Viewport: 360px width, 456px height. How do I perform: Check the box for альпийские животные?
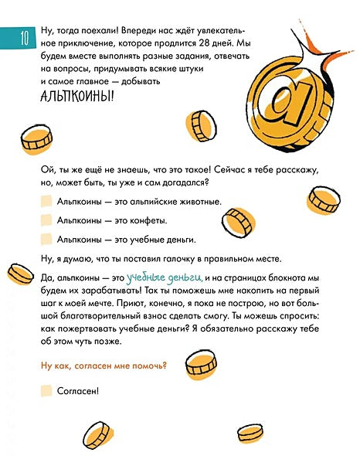(x=46, y=201)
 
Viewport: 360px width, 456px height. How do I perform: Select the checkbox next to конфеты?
(x=46, y=219)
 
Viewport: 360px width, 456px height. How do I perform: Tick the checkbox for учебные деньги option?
(x=46, y=239)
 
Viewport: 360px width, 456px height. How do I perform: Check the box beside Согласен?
(x=46, y=390)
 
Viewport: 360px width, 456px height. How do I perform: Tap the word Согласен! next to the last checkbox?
(x=77, y=390)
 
